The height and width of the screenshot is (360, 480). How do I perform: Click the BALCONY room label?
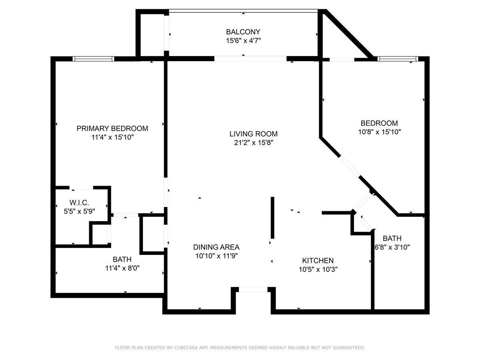click(243, 32)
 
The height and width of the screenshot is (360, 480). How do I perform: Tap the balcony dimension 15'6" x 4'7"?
click(243, 40)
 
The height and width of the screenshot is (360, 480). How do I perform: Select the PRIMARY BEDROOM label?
click(112, 128)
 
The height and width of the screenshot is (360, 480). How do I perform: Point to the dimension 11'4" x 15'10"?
click(112, 137)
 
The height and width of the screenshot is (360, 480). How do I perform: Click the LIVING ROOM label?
click(253, 134)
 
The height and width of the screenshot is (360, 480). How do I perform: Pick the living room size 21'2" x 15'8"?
click(253, 142)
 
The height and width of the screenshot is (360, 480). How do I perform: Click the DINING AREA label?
click(216, 247)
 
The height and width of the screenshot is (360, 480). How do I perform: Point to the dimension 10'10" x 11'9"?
click(216, 256)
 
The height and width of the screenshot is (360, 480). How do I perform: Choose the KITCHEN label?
click(318, 261)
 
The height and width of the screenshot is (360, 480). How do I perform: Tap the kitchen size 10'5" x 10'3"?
click(318, 270)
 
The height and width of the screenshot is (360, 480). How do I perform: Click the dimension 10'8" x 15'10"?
click(379, 132)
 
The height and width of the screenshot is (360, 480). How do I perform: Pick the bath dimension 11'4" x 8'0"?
click(122, 268)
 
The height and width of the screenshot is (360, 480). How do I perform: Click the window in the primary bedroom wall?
click(93, 59)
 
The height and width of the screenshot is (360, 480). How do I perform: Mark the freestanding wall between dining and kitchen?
click(272, 218)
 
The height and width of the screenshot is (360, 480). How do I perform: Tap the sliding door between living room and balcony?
click(250, 58)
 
